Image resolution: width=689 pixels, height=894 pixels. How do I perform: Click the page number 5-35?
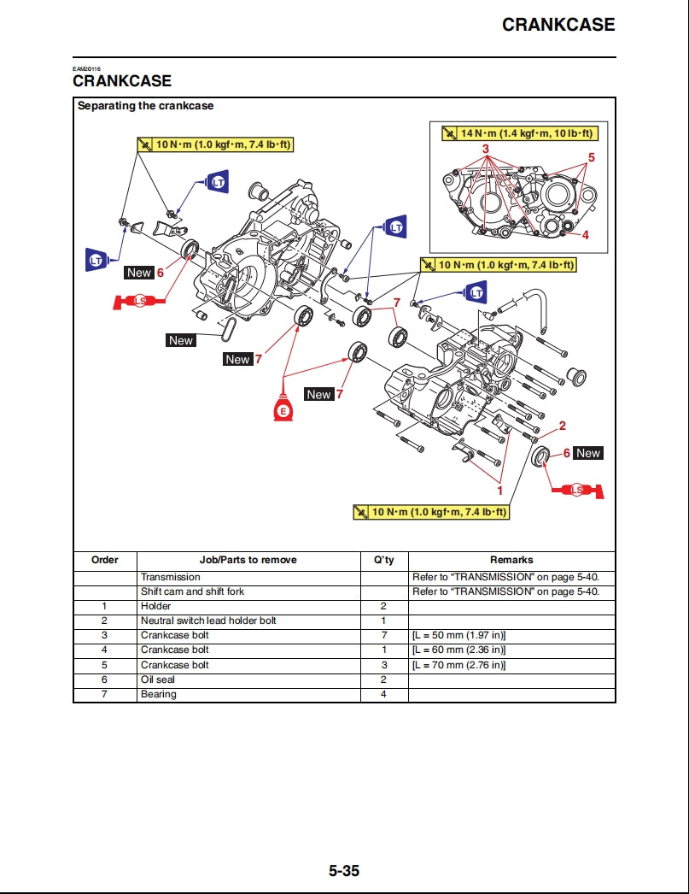click(x=344, y=871)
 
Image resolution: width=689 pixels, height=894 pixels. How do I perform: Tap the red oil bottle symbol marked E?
click(x=284, y=409)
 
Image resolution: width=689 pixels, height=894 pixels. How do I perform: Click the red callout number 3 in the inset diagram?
click(x=486, y=149)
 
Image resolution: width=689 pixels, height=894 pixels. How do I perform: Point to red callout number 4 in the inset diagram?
click(x=586, y=234)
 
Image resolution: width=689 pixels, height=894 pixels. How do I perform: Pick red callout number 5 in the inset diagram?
click(x=591, y=157)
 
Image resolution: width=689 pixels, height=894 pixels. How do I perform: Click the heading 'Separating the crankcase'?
click(x=145, y=106)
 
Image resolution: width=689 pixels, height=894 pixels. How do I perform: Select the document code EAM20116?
click(x=86, y=68)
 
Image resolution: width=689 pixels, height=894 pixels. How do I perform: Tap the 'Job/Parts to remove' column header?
click(x=248, y=560)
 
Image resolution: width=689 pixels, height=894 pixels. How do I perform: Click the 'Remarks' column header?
click(x=511, y=560)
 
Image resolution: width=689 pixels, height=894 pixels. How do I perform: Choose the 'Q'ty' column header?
click(x=383, y=560)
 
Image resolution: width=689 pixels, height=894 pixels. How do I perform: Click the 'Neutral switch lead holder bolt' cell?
click(x=208, y=621)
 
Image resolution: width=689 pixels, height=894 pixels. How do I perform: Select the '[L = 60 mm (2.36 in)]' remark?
click(x=459, y=650)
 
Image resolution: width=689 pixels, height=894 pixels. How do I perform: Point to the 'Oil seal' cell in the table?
click(x=158, y=679)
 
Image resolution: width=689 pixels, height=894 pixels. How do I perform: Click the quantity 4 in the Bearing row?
click(x=383, y=694)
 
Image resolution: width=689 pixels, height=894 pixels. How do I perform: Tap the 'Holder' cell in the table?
click(x=155, y=606)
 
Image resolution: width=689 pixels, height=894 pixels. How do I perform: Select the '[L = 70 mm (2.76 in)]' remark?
click(x=459, y=664)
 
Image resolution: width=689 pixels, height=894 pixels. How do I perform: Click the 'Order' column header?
click(x=105, y=560)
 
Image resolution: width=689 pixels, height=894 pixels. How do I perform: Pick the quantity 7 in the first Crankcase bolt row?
click(x=383, y=635)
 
